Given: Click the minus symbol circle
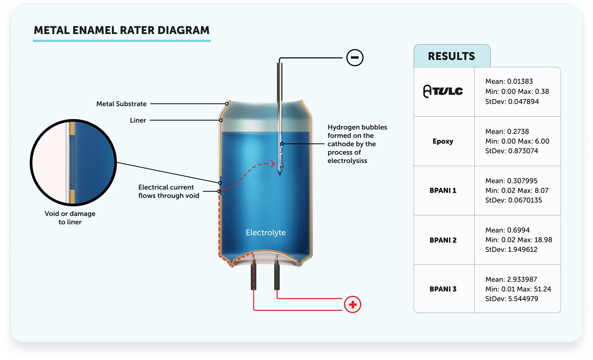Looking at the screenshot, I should click(355, 58).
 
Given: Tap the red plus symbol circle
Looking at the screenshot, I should click(352, 304).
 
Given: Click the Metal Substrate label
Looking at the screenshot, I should click(121, 104).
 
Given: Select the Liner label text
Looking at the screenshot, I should click(138, 120).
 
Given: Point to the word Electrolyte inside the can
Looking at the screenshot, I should click(266, 232).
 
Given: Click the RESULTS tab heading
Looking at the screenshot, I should click(451, 56).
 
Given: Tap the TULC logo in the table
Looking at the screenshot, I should click(443, 91).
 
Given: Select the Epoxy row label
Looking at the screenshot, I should click(443, 141).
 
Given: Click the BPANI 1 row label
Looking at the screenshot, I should click(443, 190).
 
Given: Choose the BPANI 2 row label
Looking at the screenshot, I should click(443, 240).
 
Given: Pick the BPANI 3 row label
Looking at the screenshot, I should click(443, 289).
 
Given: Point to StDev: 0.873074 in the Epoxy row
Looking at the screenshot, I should click(511, 151).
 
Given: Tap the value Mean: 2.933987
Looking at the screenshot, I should click(511, 279).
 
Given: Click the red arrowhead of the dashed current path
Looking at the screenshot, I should click(273, 164).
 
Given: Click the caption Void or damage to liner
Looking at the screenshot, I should click(70, 218).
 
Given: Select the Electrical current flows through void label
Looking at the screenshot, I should click(168, 191).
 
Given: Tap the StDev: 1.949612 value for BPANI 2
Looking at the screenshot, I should click(511, 249).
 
